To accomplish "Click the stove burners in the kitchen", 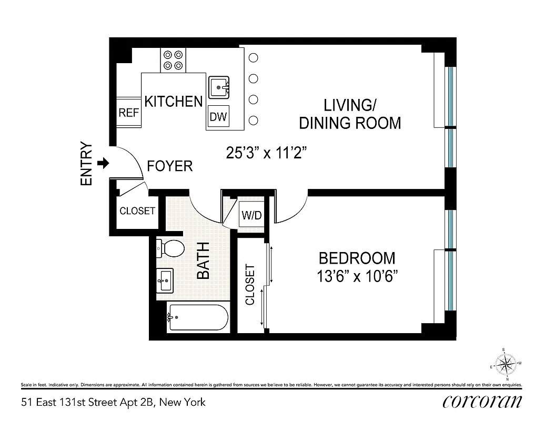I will (x=173, y=59).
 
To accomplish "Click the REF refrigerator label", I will (x=128, y=113).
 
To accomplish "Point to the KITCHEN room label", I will (x=174, y=102).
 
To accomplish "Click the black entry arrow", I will (x=104, y=163).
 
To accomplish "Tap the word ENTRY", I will (x=86, y=164).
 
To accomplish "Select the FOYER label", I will (x=169, y=166).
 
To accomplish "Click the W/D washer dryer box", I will (x=251, y=215).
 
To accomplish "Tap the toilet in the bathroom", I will (x=170, y=248).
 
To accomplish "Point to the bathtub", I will (x=198, y=317).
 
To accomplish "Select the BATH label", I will (x=203, y=260).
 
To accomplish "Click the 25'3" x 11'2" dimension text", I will (x=266, y=153).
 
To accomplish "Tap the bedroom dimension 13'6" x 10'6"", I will (x=357, y=276).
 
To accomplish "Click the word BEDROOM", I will (x=357, y=258).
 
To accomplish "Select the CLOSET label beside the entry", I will (x=137, y=211).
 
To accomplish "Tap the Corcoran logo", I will (x=482, y=402).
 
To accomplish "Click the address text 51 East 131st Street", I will (x=113, y=403).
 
